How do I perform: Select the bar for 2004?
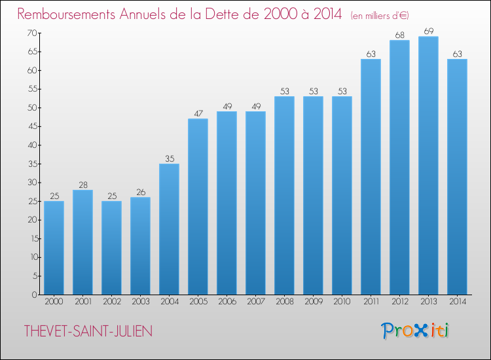point(169,229)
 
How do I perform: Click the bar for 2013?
point(428,166)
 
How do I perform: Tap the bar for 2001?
point(82,242)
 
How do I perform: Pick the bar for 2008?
point(284,195)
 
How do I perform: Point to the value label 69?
point(429,31)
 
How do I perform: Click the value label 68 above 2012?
point(400,35)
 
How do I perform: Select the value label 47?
point(198,113)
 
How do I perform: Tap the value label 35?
point(170,158)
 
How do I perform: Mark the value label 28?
point(83,185)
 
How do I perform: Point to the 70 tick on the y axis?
point(32,33)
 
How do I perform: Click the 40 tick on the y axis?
point(32,145)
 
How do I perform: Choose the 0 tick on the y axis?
point(35,295)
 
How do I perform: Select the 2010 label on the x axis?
point(342,302)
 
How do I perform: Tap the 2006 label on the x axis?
point(227,302)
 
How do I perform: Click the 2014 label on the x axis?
point(458,302)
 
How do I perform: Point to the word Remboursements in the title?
point(66,14)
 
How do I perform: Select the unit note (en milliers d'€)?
point(380,16)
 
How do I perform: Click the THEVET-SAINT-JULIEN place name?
point(88,331)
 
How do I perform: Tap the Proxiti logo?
point(415,331)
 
